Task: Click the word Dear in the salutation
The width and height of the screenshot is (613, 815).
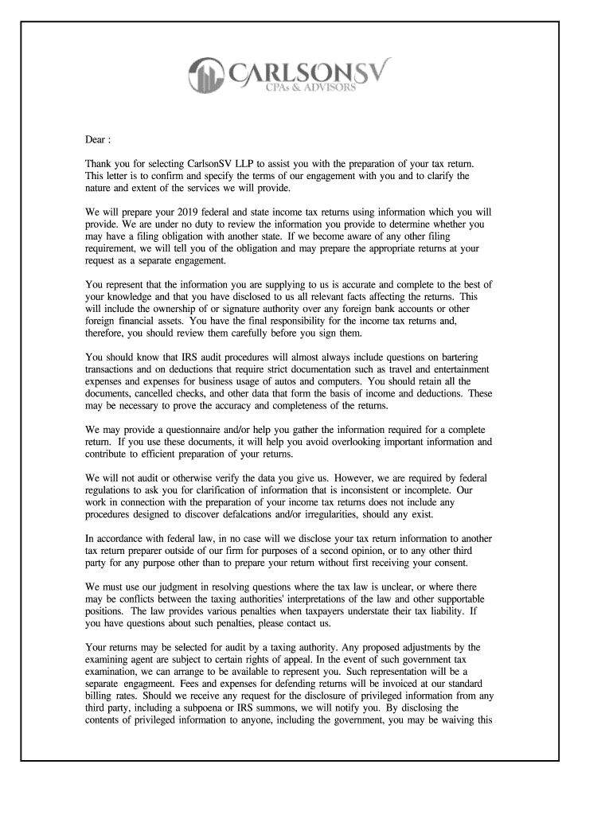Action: [x=97, y=140]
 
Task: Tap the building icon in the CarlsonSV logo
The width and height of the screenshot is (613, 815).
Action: [x=205, y=73]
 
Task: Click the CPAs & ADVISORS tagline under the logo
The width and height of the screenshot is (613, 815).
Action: [x=310, y=88]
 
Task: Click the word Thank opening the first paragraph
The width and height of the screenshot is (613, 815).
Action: [x=100, y=162]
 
